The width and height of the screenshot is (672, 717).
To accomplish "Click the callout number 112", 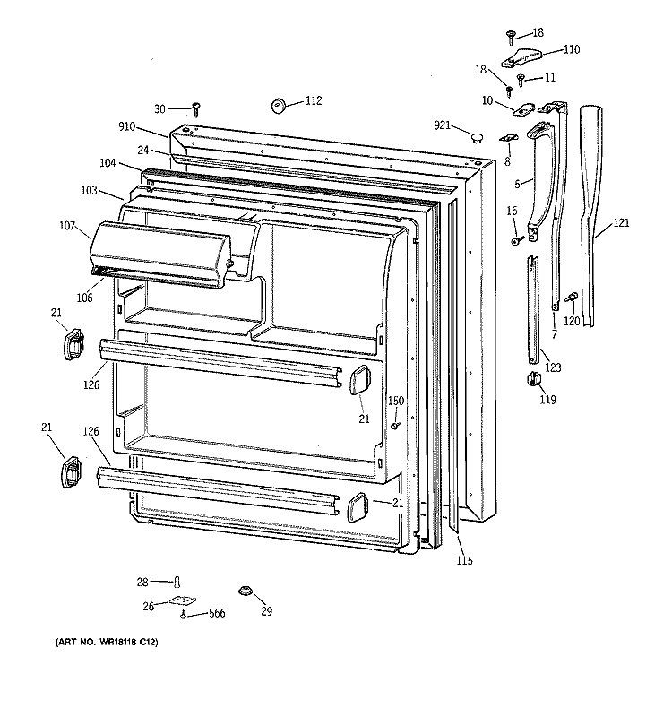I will point(313,100).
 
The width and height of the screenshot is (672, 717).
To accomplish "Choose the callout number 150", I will point(395,400).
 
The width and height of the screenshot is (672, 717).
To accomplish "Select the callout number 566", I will point(216,613).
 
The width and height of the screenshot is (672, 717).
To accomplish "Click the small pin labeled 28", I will point(177,583).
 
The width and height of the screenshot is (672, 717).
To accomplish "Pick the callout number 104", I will point(108,165).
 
